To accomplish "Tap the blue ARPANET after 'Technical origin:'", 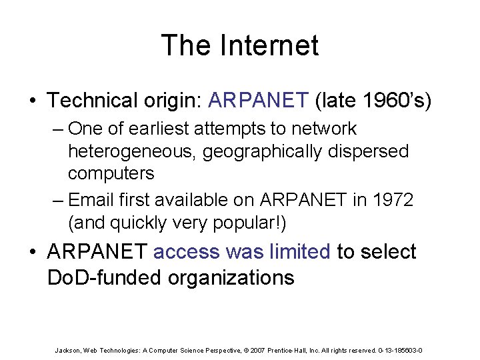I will [x=259, y=101].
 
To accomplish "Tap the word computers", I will [x=111, y=173].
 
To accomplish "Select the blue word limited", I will [x=299, y=252].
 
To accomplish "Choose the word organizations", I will [x=230, y=277].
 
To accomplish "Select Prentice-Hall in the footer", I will [x=289, y=350].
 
